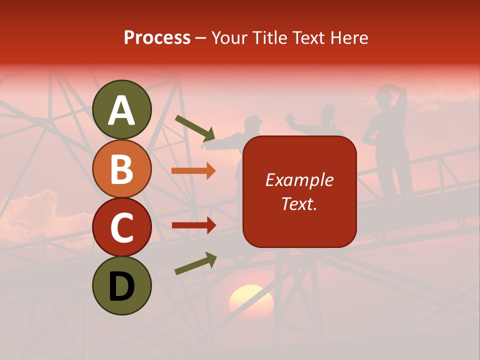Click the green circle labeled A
coord(122,109)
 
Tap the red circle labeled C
coord(122,227)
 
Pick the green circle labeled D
coord(122,285)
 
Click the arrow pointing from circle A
coord(194,128)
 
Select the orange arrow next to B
coord(193,171)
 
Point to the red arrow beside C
coord(193,225)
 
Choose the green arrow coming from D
coord(195,263)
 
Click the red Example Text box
coord(299,191)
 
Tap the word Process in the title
coord(157,38)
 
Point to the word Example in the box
coord(299,180)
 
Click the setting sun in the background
coord(251,300)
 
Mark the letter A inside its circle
coord(122,110)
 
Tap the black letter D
coord(122,286)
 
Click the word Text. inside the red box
coord(299,203)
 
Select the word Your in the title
coord(230,38)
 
